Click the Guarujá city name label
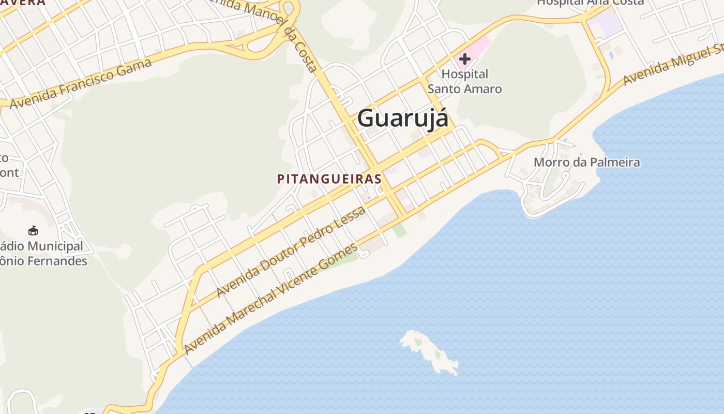pyautogui.click(x=402, y=117)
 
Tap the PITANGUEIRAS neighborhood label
pyautogui.click(x=329, y=179)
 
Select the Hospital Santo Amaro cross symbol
pyautogui.click(x=464, y=59)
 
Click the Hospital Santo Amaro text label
pyautogui.click(x=464, y=81)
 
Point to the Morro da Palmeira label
pyautogui.click(x=586, y=162)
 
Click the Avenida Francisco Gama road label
pyautogui.click(x=81, y=83)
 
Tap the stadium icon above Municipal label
pyautogui.click(x=33, y=230)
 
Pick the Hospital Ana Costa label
pyautogui.click(x=590, y=3)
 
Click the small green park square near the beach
pyautogui.click(x=399, y=230)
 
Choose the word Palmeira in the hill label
pyautogui.click(x=615, y=162)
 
